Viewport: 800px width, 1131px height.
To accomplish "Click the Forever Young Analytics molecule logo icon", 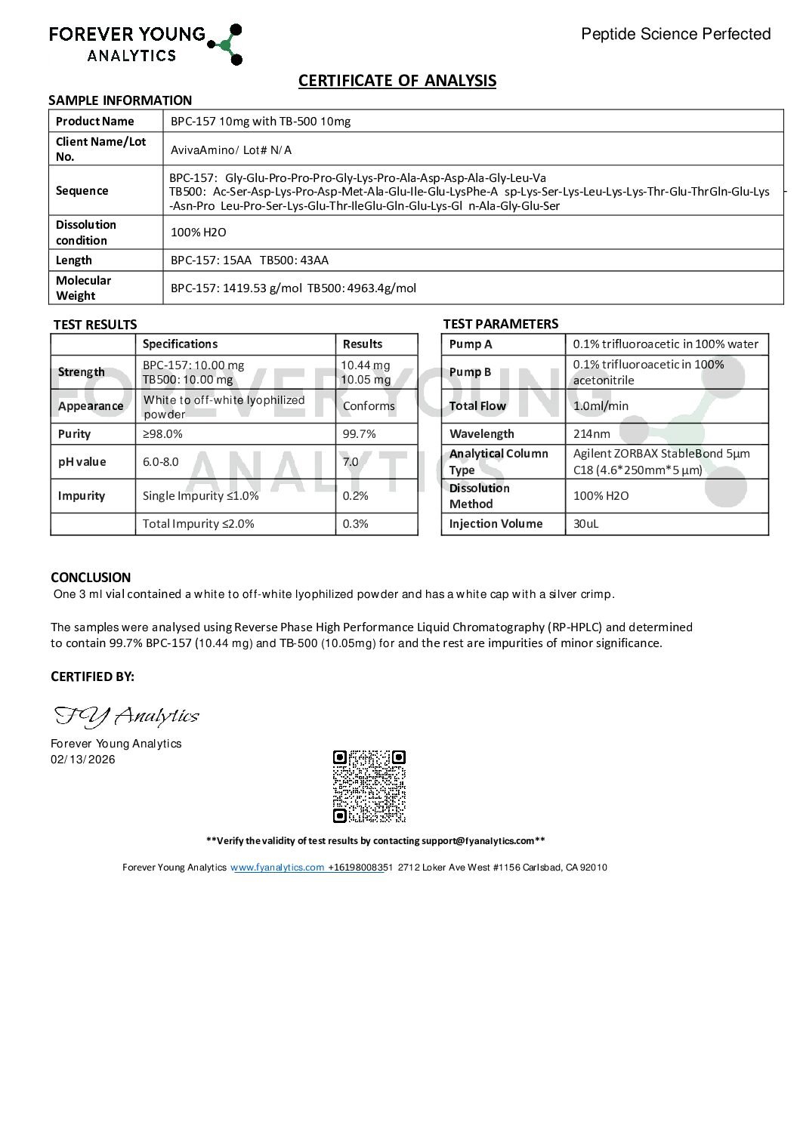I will (225, 44).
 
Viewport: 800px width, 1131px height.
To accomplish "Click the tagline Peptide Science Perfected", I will (675, 34).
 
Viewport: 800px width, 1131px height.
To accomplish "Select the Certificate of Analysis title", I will (397, 81).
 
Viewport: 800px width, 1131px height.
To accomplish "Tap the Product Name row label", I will (94, 121).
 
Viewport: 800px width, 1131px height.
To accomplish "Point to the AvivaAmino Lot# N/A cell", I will (231, 149).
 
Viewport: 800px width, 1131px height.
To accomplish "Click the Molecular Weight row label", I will (83, 288).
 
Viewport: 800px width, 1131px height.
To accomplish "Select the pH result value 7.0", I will (351, 461).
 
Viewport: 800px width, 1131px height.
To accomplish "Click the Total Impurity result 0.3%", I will (355, 523).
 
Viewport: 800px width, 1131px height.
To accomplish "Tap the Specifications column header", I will (180, 344).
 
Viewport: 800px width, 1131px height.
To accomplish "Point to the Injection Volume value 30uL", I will (585, 523).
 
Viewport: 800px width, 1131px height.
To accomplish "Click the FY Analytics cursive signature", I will (126, 715).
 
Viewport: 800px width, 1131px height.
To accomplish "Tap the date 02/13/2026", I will (83, 760).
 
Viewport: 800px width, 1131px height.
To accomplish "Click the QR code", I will (369, 786).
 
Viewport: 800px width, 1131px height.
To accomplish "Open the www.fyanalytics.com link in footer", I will (277, 868).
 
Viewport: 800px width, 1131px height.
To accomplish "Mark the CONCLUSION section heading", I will (91, 578).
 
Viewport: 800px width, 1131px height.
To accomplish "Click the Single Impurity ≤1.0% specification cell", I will (200, 495).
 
